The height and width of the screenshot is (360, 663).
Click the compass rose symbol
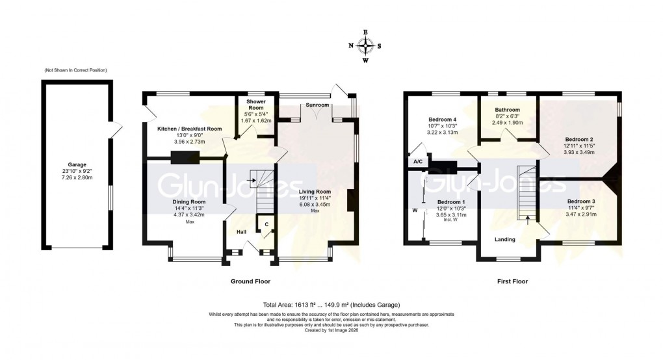pyautogui.click(x=365, y=45)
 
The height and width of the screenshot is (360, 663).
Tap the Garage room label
pyautogui.click(x=77, y=165)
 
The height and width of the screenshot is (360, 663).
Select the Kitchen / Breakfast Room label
pyautogui.click(x=190, y=129)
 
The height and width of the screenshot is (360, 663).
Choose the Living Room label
pyautogui.click(x=315, y=192)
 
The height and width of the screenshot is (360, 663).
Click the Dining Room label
pyautogui.click(x=190, y=202)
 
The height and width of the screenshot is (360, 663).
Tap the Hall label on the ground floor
pyautogui.click(x=241, y=231)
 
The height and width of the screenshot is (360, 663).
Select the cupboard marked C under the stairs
pyautogui.click(x=266, y=224)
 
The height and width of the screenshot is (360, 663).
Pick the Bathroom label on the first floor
pyautogui.click(x=507, y=110)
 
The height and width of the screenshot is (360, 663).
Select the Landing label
pyautogui.click(x=505, y=239)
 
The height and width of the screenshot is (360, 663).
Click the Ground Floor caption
pyautogui.click(x=250, y=281)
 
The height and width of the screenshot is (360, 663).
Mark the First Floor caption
pyautogui.click(x=508, y=281)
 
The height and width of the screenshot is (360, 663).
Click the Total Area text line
pyautogui.click(x=331, y=305)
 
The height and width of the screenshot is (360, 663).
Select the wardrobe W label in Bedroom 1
pyautogui.click(x=413, y=210)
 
